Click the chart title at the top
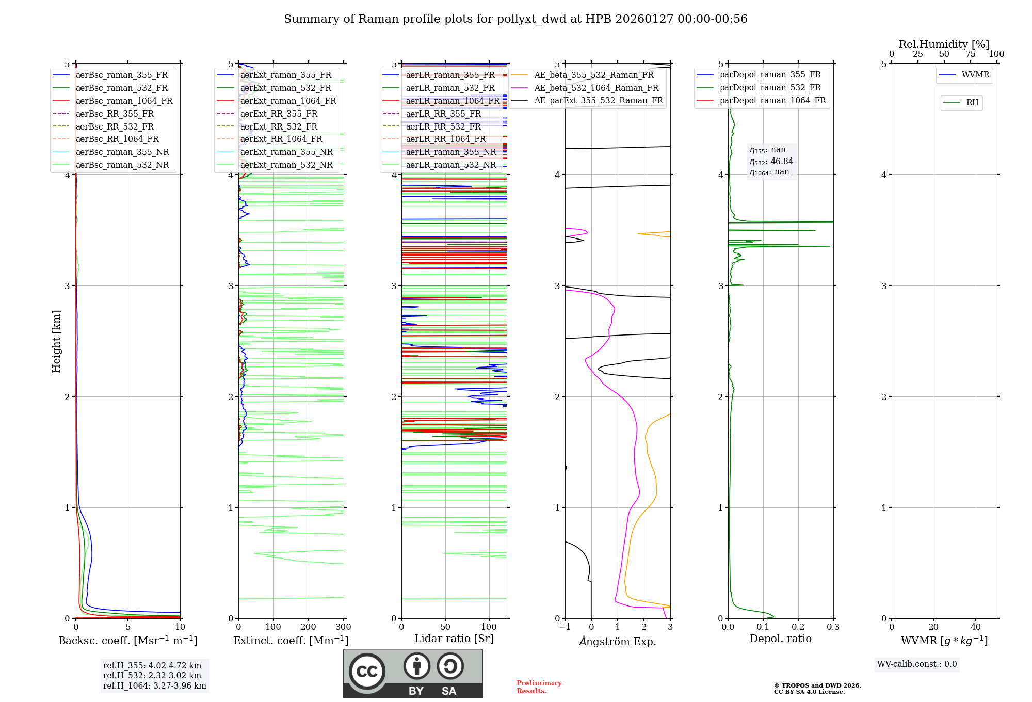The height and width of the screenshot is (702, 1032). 515,19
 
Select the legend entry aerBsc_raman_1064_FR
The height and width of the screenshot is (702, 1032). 124,101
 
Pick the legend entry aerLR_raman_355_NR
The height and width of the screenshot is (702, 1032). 450,152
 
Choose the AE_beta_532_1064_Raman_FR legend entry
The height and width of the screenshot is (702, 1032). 596,88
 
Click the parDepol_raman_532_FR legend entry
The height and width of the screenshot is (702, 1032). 770,87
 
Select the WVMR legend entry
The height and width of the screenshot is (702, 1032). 975,75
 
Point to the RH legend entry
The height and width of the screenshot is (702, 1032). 972,103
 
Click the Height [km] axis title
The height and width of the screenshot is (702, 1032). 56,341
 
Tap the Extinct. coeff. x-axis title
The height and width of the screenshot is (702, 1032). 291,641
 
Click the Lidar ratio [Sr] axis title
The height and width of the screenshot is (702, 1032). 454,639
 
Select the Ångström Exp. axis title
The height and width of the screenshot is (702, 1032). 618,641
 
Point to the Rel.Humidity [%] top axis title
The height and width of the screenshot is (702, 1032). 944,44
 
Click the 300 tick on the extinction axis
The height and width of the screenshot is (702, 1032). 344,627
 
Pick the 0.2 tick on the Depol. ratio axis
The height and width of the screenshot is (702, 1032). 798,627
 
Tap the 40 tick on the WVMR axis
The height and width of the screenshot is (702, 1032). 976,627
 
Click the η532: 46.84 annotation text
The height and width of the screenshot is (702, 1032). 771,161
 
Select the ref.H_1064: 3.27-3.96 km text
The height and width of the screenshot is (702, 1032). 155,685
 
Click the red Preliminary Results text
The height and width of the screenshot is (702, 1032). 539,687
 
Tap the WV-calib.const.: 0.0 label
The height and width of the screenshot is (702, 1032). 917,664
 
